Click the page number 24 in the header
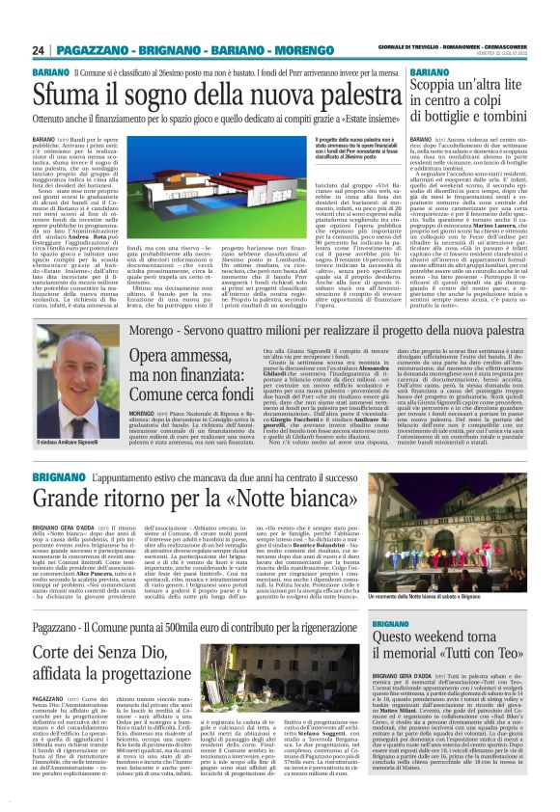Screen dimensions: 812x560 click(x=38, y=49)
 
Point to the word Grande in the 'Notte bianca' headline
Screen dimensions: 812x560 click(x=70, y=501)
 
